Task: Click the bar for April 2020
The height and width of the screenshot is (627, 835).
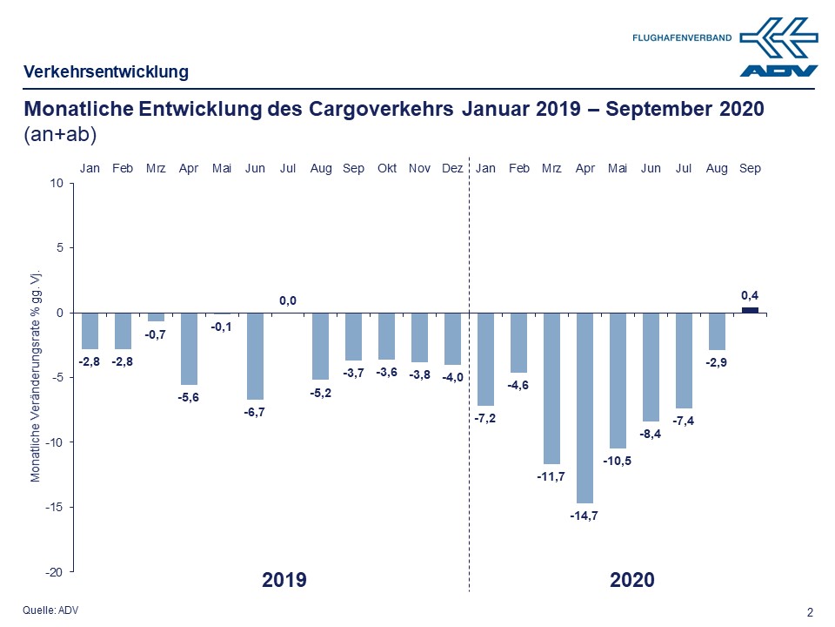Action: (585, 407)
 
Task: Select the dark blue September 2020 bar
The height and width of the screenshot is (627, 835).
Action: (750, 309)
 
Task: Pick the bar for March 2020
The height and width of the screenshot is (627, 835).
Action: (552, 388)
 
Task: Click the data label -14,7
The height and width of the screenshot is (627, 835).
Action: (584, 516)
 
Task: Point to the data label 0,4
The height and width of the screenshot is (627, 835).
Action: (750, 296)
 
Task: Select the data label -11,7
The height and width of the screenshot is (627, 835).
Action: (551, 477)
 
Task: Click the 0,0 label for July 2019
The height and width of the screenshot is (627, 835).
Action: (288, 300)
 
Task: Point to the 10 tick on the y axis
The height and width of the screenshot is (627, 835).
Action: (57, 184)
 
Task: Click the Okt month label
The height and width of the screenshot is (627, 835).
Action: (387, 168)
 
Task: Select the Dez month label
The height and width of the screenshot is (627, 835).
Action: (452, 168)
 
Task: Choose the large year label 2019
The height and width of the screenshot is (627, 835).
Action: (284, 580)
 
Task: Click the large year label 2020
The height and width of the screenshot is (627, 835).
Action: (631, 580)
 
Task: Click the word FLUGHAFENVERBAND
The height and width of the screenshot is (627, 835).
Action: (682, 38)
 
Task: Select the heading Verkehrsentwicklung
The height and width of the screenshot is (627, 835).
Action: (105, 72)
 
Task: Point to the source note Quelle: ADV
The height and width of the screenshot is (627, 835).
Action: (50, 610)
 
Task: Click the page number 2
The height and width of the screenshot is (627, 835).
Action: (810, 612)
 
